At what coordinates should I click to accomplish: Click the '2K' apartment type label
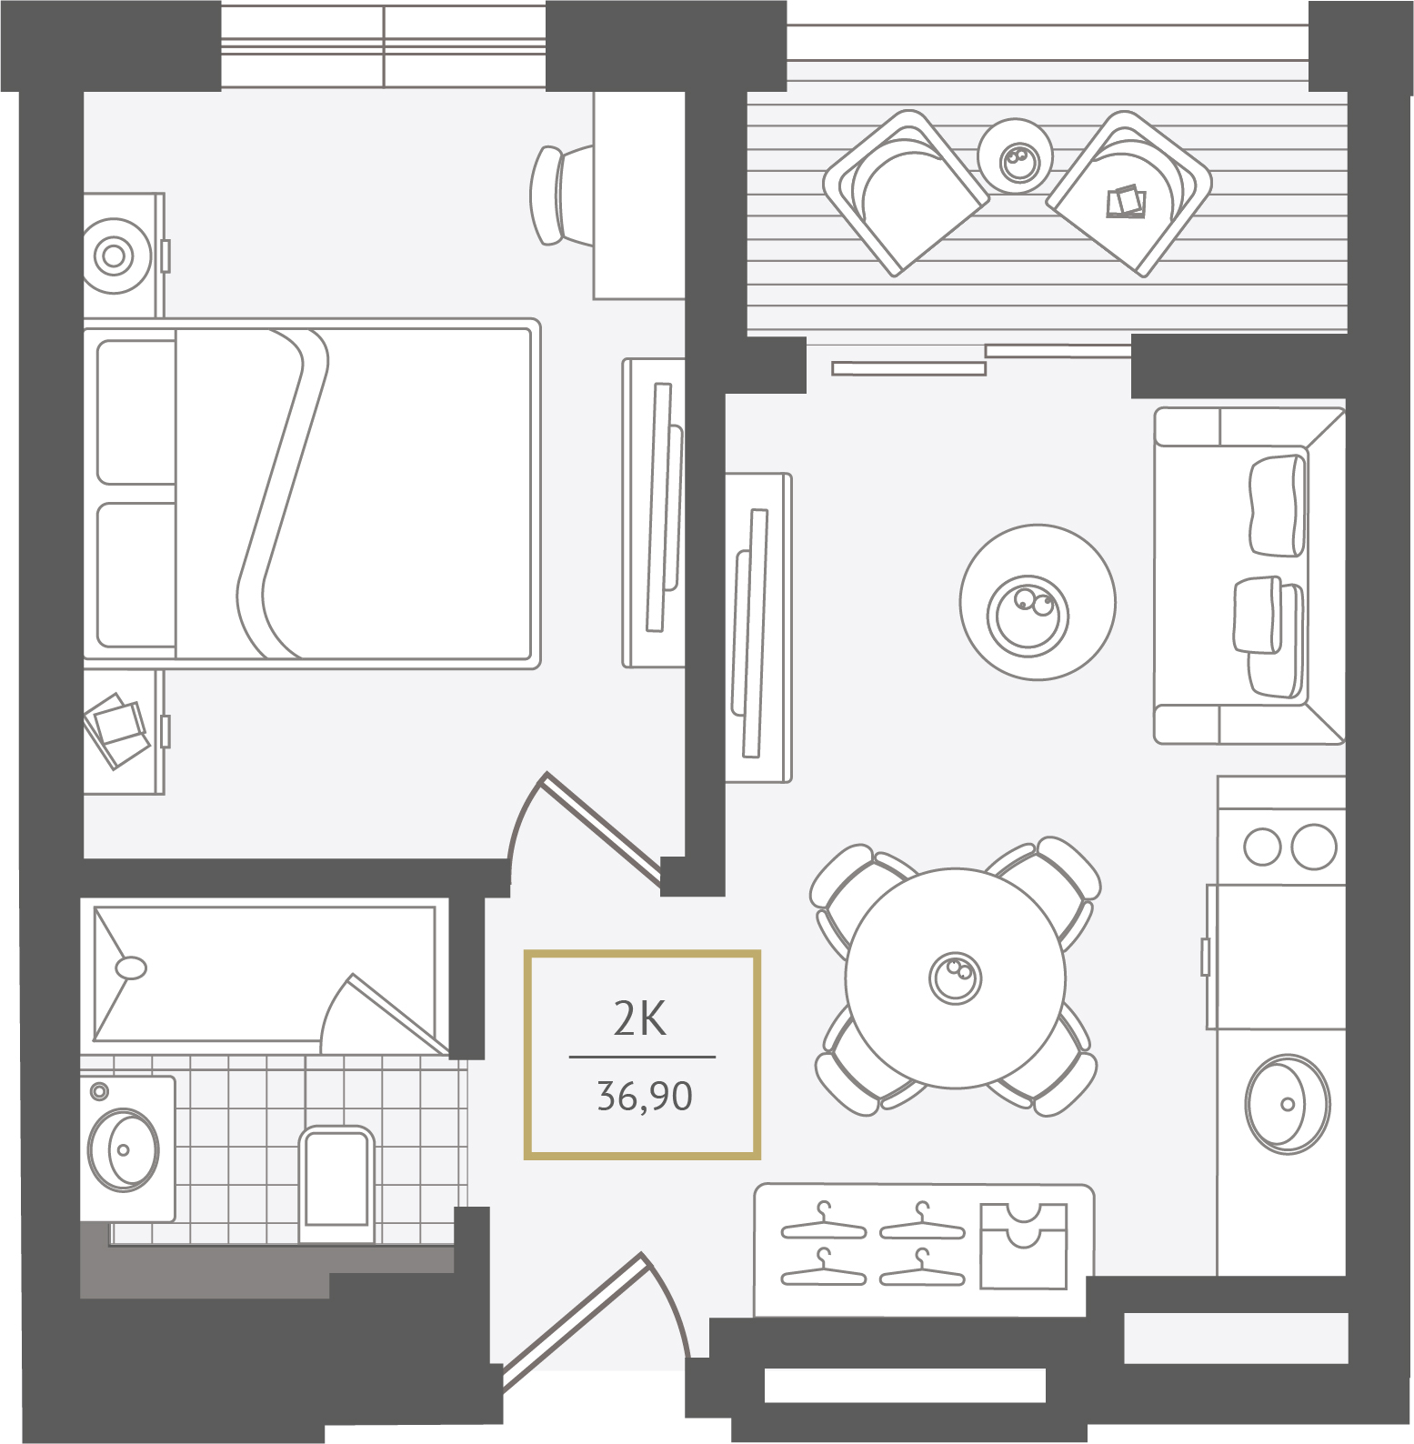pyautogui.click(x=640, y=1018)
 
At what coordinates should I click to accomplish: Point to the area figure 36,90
pyautogui.click(x=645, y=1097)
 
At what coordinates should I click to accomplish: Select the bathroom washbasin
pyautogui.click(x=124, y=1149)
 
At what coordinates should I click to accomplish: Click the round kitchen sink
pyautogui.click(x=1288, y=1104)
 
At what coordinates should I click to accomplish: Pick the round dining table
pyautogui.click(x=955, y=978)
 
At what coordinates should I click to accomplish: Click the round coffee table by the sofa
pyautogui.click(x=1038, y=602)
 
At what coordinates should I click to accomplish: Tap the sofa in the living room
pyautogui.click(x=1249, y=575)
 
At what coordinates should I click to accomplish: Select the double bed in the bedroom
pyautogui.click(x=312, y=494)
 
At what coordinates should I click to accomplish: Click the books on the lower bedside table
pyautogui.click(x=115, y=730)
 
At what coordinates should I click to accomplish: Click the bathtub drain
pyautogui.click(x=132, y=968)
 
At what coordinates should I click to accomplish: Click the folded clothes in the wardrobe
pyautogui.click(x=1023, y=1246)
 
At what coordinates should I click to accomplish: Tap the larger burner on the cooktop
pyautogui.click(x=1314, y=847)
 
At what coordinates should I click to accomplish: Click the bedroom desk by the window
pyautogui.click(x=639, y=195)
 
